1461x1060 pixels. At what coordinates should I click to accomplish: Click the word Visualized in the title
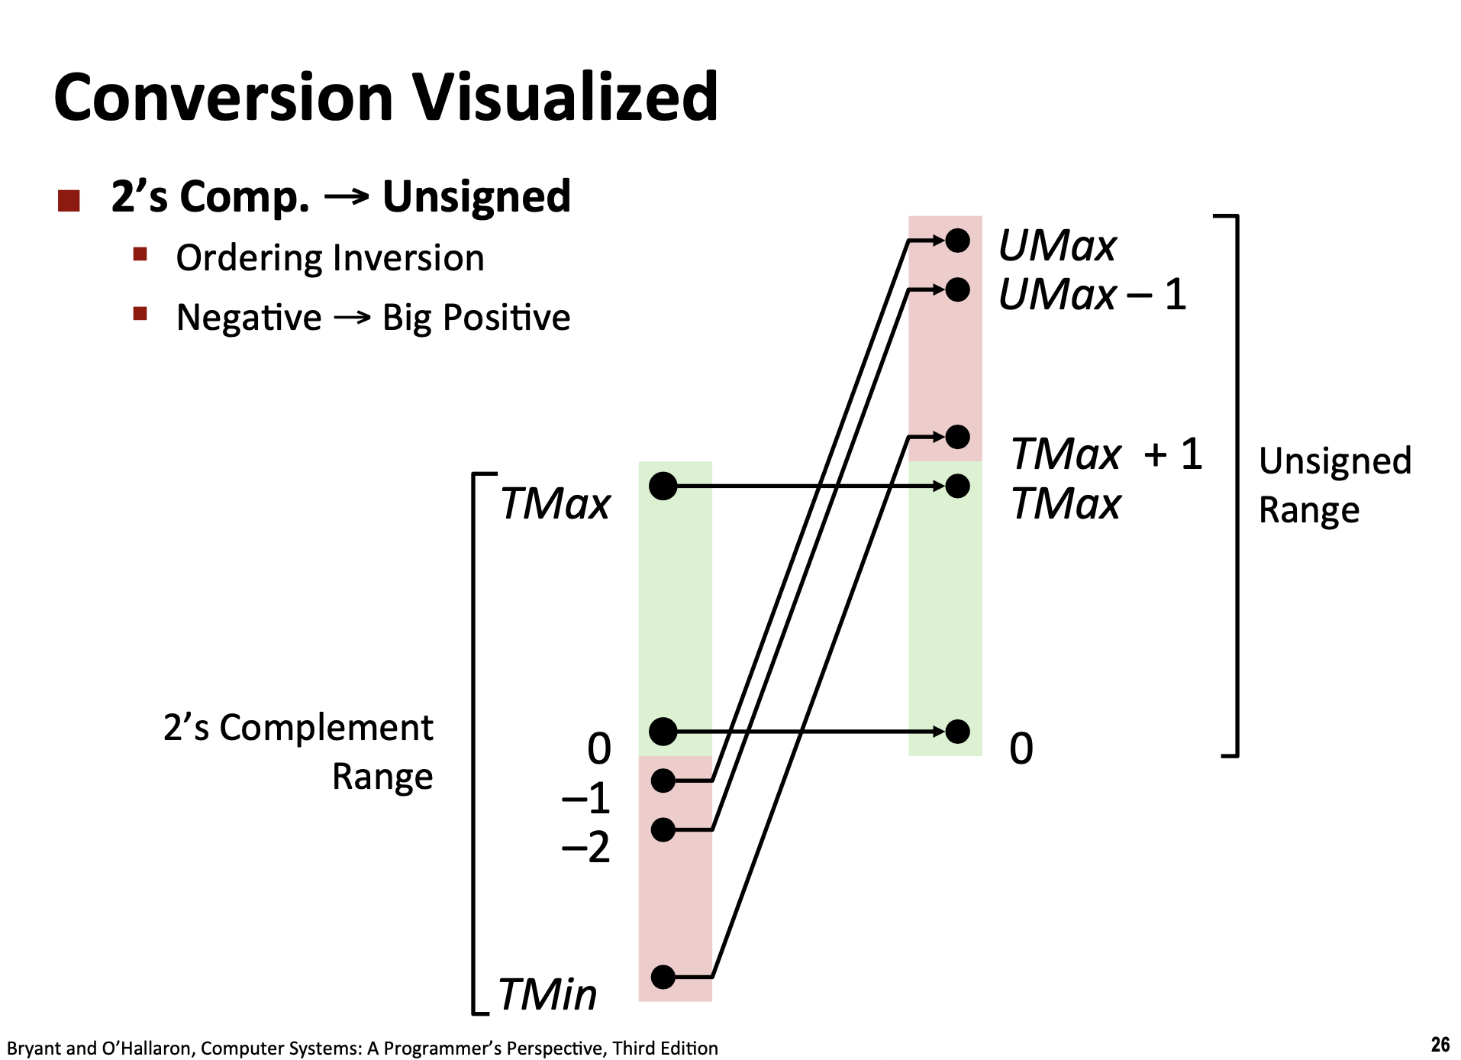pyautogui.click(x=565, y=97)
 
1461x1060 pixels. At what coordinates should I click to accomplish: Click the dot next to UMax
pyautogui.click(x=957, y=241)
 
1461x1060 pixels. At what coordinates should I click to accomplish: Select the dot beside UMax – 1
pyautogui.click(x=957, y=289)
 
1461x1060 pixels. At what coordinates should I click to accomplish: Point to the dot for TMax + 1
pyautogui.click(x=957, y=437)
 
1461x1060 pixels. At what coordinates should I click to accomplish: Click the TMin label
pyautogui.click(x=547, y=994)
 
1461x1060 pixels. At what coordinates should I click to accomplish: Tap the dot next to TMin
pyautogui.click(x=663, y=976)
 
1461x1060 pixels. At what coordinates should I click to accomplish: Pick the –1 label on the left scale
pyautogui.click(x=586, y=798)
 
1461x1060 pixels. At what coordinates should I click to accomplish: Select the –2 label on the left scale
pyautogui.click(x=586, y=847)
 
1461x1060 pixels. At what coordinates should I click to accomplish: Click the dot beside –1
pyautogui.click(x=663, y=780)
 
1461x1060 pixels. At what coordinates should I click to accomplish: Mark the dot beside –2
pyautogui.click(x=663, y=829)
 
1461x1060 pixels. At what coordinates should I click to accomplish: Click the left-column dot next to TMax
pyautogui.click(x=663, y=486)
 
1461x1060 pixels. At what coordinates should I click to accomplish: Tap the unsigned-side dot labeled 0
pyautogui.click(x=957, y=732)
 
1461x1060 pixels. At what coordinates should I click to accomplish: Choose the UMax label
pyautogui.click(x=1057, y=246)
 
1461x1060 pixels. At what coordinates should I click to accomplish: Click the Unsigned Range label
pyautogui.click(x=1335, y=486)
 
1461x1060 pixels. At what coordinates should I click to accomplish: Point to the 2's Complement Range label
pyautogui.click(x=298, y=751)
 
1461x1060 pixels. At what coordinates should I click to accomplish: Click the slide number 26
pyautogui.click(x=1440, y=1044)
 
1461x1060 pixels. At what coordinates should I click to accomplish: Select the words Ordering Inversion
pyautogui.click(x=330, y=258)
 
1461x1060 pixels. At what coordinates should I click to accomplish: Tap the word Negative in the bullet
pyautogui.click(x=249, y=317)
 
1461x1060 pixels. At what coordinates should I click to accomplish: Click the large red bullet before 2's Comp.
pyautogui.click(x=69, y=201)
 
